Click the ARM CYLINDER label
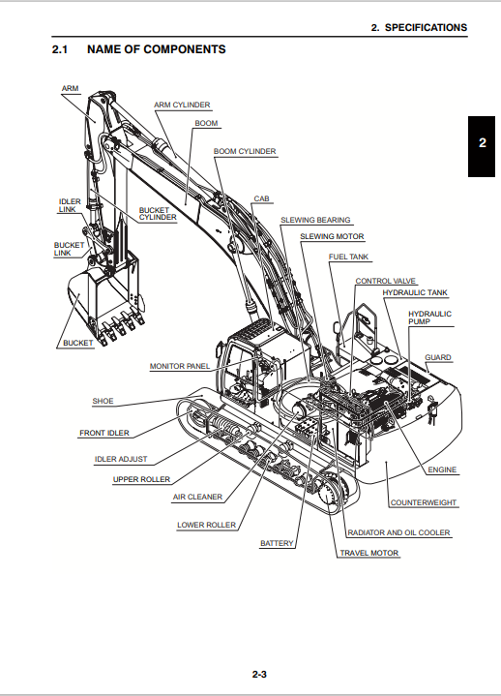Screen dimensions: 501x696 click(x=182, y=105)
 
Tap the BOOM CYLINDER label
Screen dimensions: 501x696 click(x=245, y=151)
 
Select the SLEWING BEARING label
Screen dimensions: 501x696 click(x=315, y=220)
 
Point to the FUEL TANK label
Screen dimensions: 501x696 click(x=348, y=257)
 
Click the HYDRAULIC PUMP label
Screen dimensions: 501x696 click(x=429, y=318)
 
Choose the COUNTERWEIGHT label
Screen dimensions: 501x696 click(x=424, y=502)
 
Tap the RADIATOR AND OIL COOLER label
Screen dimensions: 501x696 click(x=398, y=532)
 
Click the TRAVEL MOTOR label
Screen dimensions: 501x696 click(x=369, y=553)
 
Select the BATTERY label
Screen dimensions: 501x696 click(x=277, y=543)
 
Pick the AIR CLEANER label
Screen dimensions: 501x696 click(x=197, y=497)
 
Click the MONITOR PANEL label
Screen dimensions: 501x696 click(x=180, y=366)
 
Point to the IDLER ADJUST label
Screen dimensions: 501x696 click(x=121, y=459)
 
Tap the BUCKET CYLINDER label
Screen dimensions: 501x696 click(x=158, y=214)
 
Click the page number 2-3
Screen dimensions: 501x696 click(x=259, y=675)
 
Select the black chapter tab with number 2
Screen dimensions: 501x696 click(x=482, y=146)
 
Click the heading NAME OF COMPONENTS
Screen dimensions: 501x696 click(x=157, y=49)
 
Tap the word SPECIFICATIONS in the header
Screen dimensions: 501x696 click(x=426, y=27)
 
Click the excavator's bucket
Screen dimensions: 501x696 click(x=106, y=306)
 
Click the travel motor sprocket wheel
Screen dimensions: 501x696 click(x=331, y=493)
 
